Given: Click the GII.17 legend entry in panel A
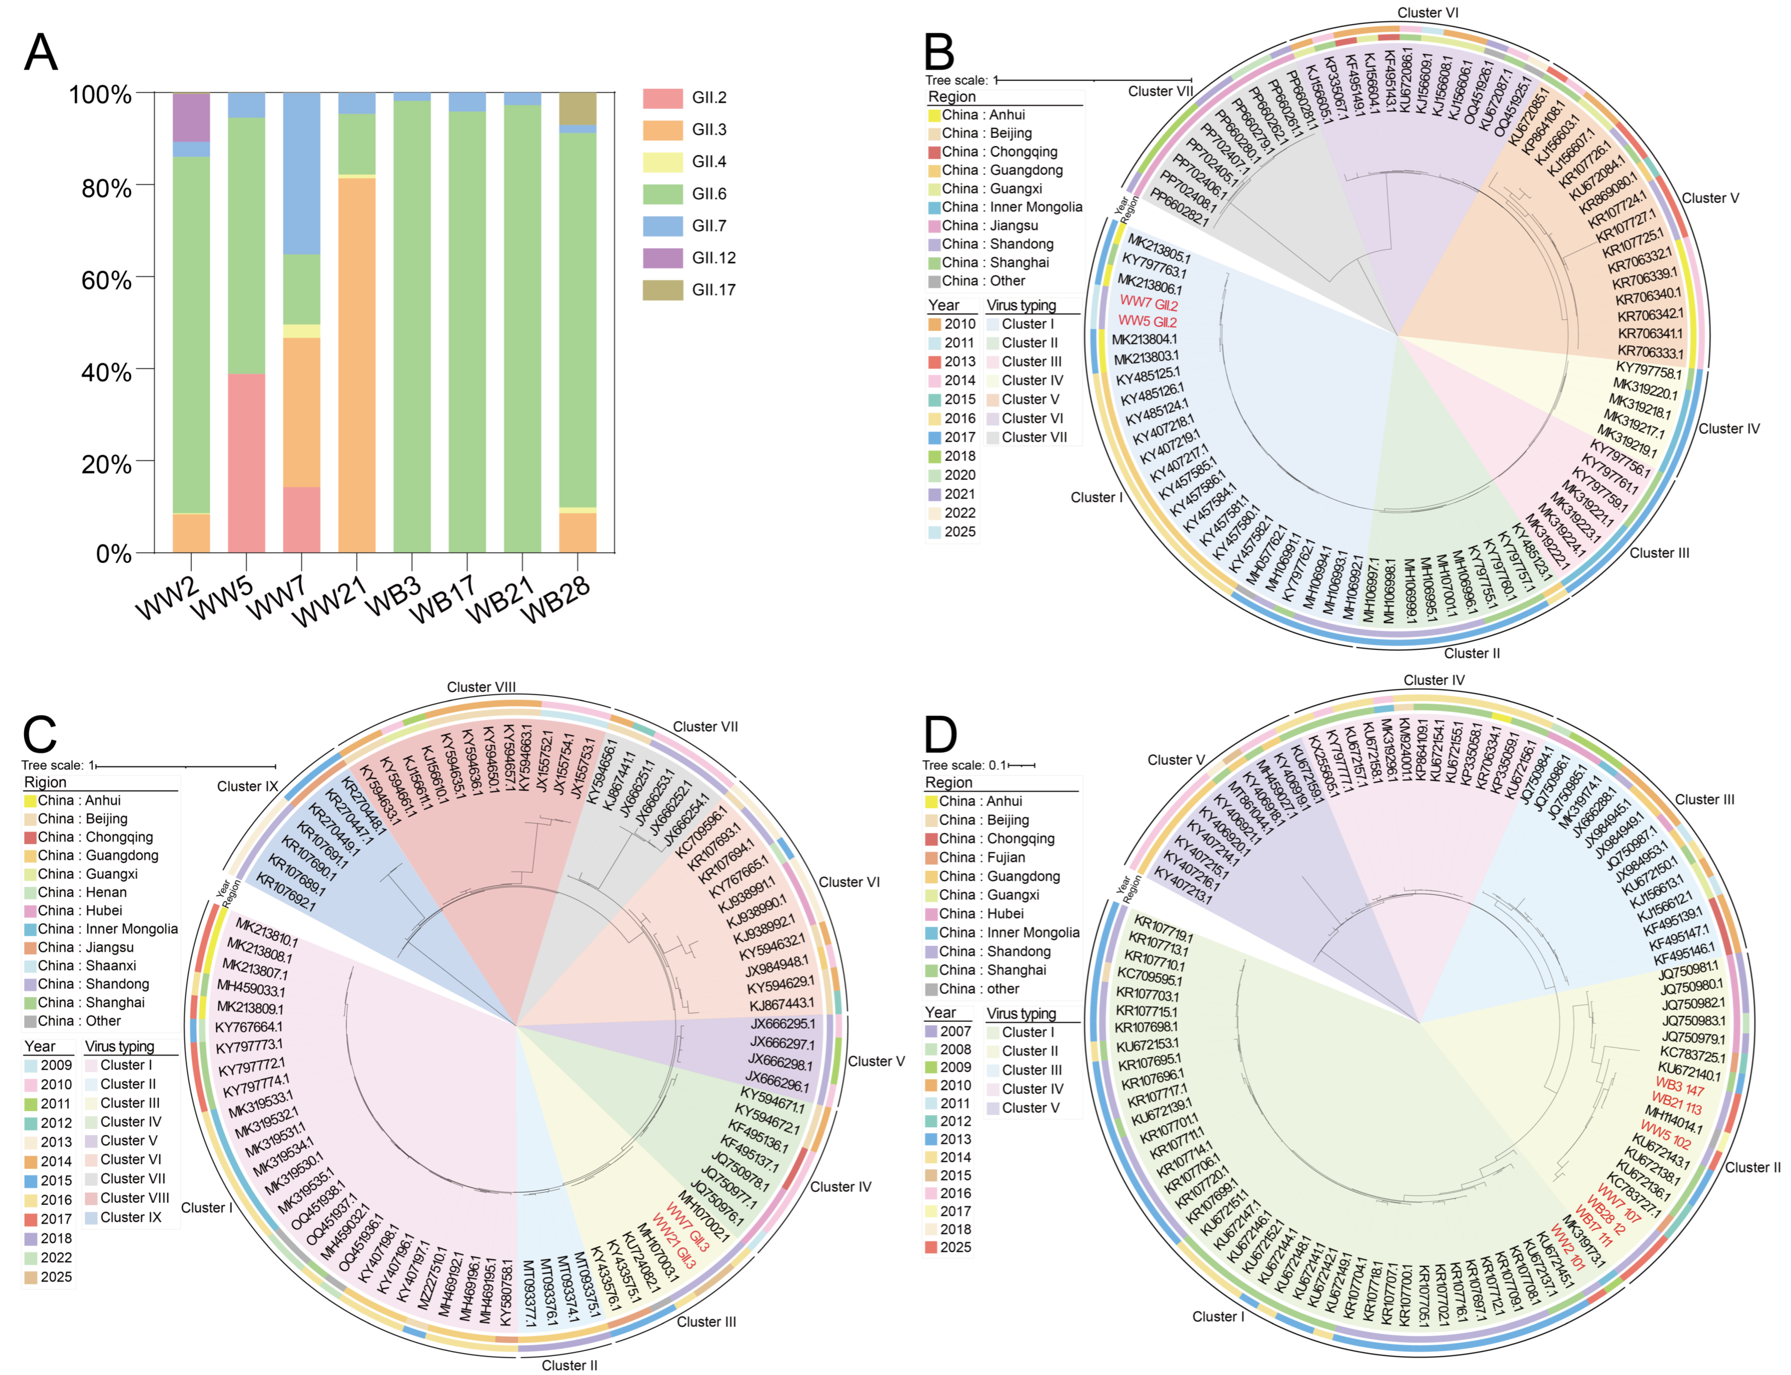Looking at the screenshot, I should (713, 290).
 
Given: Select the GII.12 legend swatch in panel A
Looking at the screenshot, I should (662, 258).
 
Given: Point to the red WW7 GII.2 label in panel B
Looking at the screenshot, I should (1148, 304).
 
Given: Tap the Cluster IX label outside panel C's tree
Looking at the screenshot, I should (247, 787).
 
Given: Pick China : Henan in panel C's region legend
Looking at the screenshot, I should (82, 892).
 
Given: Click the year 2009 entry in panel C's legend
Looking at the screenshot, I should (56, 1065).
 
